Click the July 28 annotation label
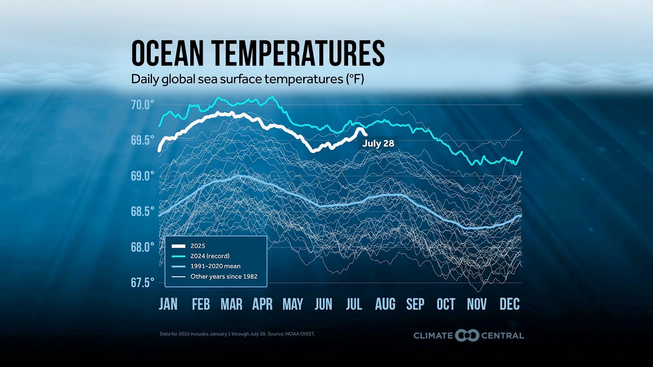click(x=378, y=144)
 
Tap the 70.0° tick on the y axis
click(x=143, y=105)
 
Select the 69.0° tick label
click(x=143, y=176)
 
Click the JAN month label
click(x=168, y=304)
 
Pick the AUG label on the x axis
click(x=385, y=304)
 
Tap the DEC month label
click(x=509, y=304)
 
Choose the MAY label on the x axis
click(x=292, y=304)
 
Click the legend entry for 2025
click(x=197, y=246)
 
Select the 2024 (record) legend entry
click(x=210, y=256)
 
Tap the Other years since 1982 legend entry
click(x=224, y=277)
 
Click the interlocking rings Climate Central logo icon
click(x=467, y=335)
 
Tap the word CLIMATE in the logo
click(x=432, y=336)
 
